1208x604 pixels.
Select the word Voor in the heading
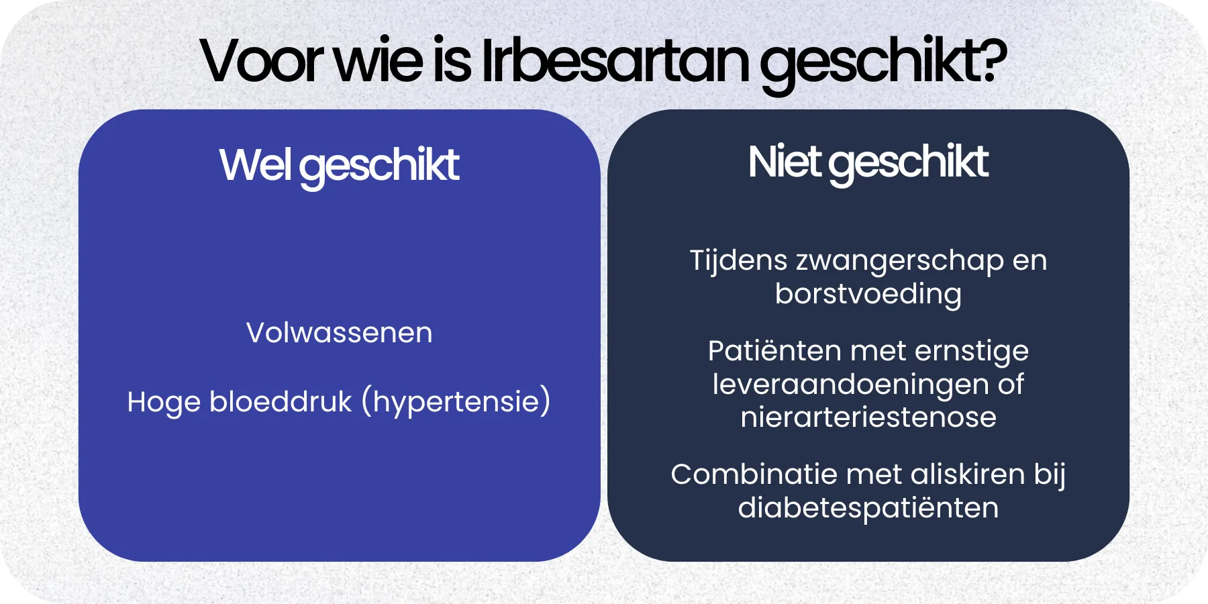pyautogui.click(x=262, y=62)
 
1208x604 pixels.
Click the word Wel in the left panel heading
pyautogui.click(x=254, y=164)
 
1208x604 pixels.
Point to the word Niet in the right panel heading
pyautogui.click(x=784, y=162)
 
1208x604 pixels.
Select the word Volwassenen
pyautogui.click(x=339, y=333)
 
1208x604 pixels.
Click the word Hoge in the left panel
pyautogui.click(x=163, y=402)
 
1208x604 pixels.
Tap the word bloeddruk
pyautogui.click(x=280, y=402)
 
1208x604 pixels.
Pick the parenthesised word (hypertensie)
pyautogui.click(x=456, y=402)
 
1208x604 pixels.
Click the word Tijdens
pyautogui.click(x=738, y=260)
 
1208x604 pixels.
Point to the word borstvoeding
pyautogui.click(x=868, y=294)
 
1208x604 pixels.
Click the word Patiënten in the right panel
pyautogui.click(x=774, y=351)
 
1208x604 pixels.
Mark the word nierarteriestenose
pyautogui.click(x=868, y=417)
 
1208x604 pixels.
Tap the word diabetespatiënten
pyautogui.click(x=868, y=508)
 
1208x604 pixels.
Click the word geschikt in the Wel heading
pyautogui.click(x=379, y=166)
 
